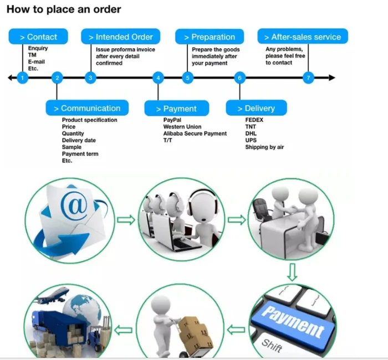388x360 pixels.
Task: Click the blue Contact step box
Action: [x=38, y=37]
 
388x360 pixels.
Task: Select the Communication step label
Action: [x=87, y=108]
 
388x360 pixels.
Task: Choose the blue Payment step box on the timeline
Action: [x=176, y=109]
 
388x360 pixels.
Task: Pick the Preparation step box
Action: [x=210, y=37]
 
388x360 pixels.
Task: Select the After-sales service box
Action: [x=303, y=37]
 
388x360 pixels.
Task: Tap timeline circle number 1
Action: [x=22, y=78]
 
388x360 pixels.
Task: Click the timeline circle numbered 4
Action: [x=158, y=78]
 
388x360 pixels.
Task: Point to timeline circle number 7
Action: [x=309, y=78]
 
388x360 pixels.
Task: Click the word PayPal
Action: [x=172, y=120]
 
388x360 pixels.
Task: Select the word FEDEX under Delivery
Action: [x=254, y=120]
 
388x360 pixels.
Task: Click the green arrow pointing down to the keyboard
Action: [x=292, y=272]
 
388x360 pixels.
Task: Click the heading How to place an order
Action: [x=64, y=9]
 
